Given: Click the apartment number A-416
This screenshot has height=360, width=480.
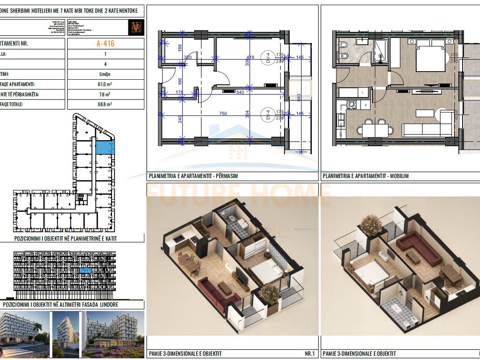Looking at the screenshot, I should [x=105, y=44].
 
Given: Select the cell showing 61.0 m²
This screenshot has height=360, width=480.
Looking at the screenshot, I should [x=105, y=85].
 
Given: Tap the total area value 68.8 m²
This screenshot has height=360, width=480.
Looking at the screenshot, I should [x=105, y=105].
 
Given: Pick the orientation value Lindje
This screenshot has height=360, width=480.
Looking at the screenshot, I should [x=105, y=75].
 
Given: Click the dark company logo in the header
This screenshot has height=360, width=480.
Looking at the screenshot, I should [x=137, y=27].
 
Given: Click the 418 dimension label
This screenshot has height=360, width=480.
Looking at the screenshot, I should [x=251, y=58].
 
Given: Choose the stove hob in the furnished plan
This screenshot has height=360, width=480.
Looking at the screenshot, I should [x=351, y=105].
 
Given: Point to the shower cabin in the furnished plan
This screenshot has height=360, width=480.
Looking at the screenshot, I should [x=380, y=52].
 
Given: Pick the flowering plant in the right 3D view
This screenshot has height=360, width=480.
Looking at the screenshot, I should [x=371, y=225].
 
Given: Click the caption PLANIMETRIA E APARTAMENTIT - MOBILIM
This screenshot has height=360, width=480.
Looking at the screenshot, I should [x=366, y=176].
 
